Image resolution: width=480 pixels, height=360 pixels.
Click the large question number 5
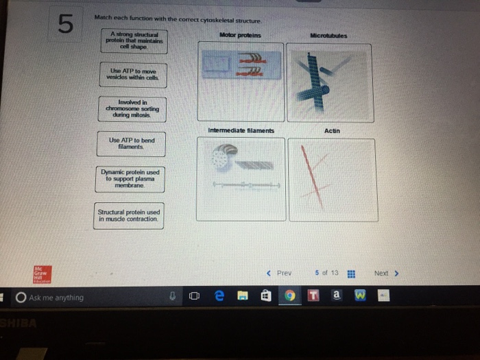[64, 25]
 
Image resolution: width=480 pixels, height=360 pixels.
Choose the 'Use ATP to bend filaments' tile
[131, 143]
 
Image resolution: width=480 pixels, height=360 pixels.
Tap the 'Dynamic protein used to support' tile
[130, 178]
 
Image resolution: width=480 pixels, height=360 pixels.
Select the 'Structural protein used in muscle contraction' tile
[129, 215]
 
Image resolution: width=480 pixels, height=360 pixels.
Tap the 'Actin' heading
[332, 130]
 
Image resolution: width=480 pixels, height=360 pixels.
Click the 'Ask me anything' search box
[82, 298]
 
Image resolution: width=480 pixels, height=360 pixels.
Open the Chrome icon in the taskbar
[290, 298]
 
